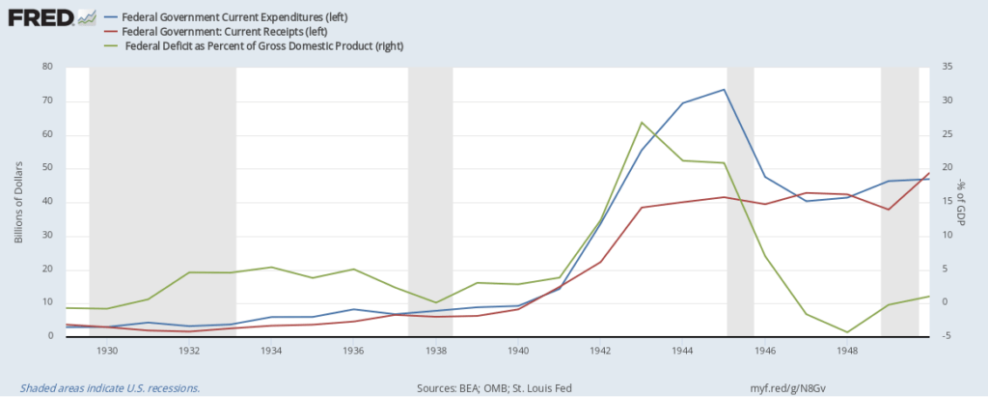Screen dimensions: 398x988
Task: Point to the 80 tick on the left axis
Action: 45,68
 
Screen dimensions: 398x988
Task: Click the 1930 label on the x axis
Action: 106,351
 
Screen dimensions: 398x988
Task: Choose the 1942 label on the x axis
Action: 601,351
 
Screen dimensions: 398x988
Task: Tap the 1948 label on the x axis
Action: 848,351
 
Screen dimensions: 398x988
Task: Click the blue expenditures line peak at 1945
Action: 725,90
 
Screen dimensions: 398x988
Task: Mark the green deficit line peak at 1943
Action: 642,123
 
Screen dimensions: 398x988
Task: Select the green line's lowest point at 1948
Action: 848,332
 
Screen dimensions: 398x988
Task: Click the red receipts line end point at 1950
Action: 929,173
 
